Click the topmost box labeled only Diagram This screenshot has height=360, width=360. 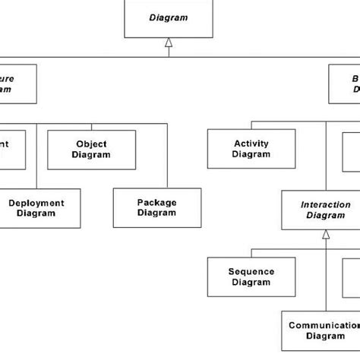tap(168, 18)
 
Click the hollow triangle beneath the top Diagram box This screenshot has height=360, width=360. tap(169, 44)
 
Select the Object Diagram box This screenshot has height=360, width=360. tap(92, 149)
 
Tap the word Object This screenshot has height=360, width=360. tap(92, 144)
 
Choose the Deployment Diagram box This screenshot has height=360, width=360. tap(36, 207)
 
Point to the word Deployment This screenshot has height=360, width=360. tap(36, 203)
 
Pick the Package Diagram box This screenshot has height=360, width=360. tap(156, 207)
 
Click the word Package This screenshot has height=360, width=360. tap(156, 203)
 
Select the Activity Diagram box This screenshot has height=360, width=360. tap(251, 148)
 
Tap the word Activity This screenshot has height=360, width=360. tap(251, 143)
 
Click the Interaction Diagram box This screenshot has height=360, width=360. tap(325, 210)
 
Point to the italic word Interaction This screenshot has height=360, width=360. tap(325, 204)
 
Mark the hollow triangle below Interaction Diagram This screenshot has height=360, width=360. tap(325, 235)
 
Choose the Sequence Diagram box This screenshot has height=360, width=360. tap(251, 276)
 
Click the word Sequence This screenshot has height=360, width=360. tap(251, 271)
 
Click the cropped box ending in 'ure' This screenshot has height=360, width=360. tap(19, 84)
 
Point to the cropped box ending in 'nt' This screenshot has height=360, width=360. tap(12, 148)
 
